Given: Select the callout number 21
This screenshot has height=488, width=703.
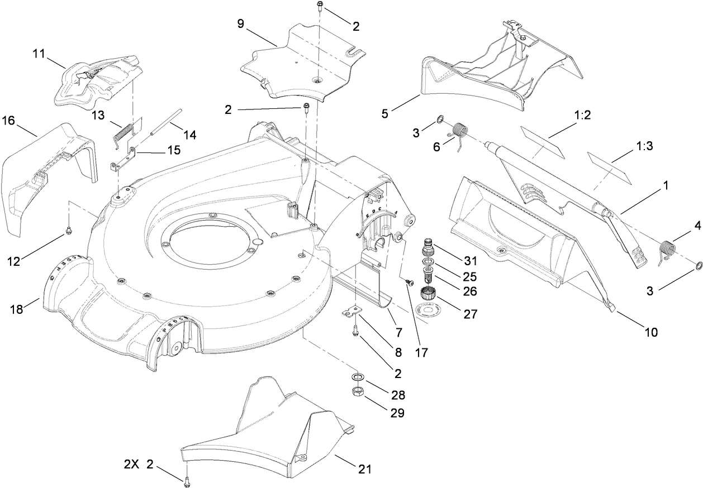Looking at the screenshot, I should [364, 470].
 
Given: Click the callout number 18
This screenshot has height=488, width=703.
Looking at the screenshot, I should [18, 309].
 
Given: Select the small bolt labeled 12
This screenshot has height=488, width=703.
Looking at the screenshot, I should [69, 229].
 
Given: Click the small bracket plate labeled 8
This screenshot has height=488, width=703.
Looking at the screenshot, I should [351, 312].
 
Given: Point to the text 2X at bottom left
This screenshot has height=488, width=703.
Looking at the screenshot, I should [132, 465].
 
